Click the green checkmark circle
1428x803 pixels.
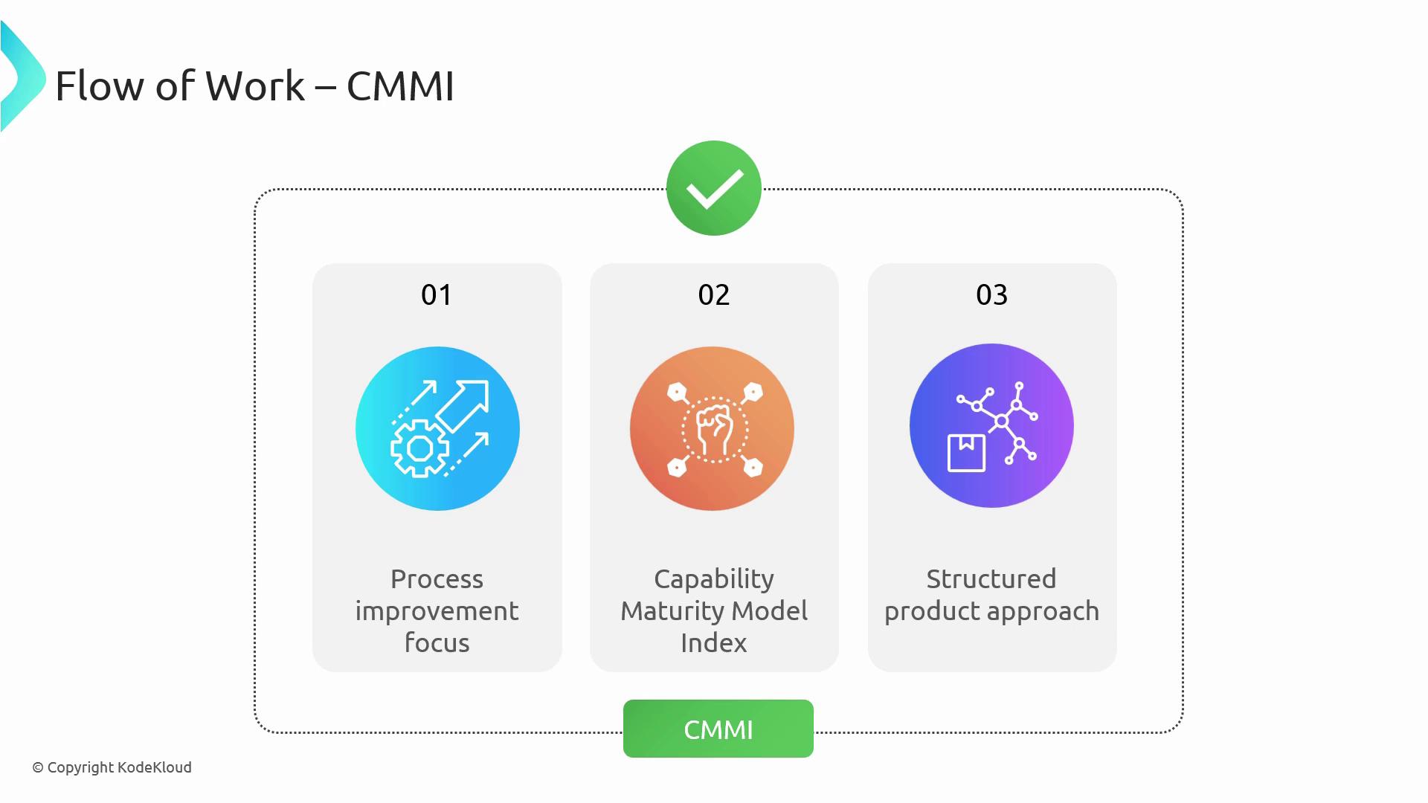(x=714, y=188)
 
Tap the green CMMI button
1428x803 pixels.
(x=718, y=729)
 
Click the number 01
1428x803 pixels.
(x=437, y=295)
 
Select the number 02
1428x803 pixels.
(x=714, y=295)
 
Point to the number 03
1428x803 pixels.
(x=992, y=295)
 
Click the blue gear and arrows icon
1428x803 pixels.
(x=437, y=428)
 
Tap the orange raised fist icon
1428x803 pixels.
(x=712, y=428)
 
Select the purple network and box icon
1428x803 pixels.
(x=991, y=425)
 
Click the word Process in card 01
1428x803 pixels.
(x=437, y=578)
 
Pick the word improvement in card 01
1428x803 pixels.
(x=437, y=611)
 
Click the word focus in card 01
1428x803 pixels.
(x=437, y=642)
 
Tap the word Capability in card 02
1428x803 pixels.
(x=714, y=580)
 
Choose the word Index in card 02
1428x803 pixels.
(x=714, y=642)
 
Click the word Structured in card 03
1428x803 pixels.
(x=991, y=578)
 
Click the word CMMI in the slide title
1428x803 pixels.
(x=400, y=86)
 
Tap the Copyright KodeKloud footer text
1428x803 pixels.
(x=112, y=767)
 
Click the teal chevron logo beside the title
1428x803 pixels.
(x=22, y=77)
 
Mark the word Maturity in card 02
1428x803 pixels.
(x=674, y=612)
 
